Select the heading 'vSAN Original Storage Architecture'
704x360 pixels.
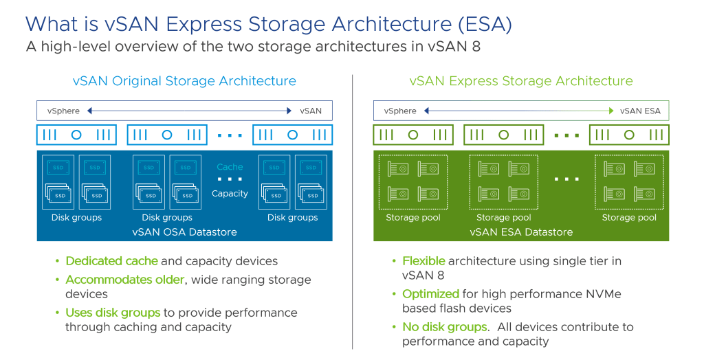pyautogui.click(x=184, y=81)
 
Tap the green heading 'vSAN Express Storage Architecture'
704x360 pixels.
pyautogui.click(x=521, y=81)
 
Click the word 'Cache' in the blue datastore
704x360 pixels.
pyautogui.click(x=230, y=167)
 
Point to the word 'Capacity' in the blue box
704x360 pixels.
pyautogui.click(x=230, y=194)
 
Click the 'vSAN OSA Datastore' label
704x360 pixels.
pyautogui.click(x=184, y=232)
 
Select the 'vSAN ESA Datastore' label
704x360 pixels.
pyautogui.click(x=521, y=232)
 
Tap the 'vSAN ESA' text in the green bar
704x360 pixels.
pyautogui.click(x=640, y=111)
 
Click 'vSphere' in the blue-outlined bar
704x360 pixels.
pyautogui.click(x=63, y=111)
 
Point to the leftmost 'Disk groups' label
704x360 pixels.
pyautogui.click(x=76, y=218)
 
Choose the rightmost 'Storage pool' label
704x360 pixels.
pyautogui.click(x=629, y=218)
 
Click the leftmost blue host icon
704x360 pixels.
pyautogui.click(x=76, y=135)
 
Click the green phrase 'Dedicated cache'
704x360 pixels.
pyautogui.click(x=111, y=261)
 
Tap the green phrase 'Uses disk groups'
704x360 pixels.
pyautogui.click(x=113, y=313)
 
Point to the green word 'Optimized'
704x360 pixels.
pyautogui.click(x=430, y=294)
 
